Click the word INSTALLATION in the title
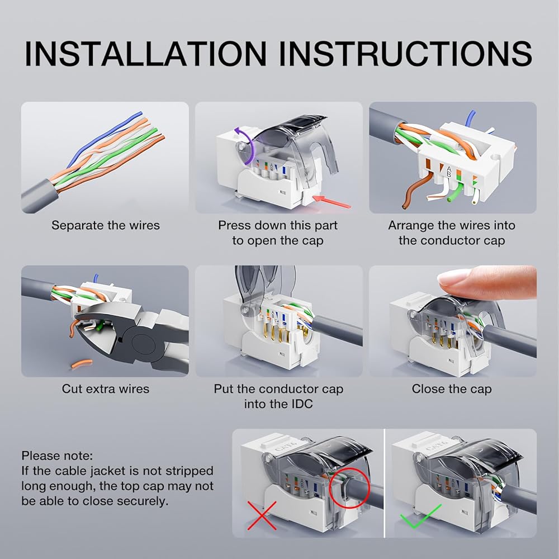(146, 54)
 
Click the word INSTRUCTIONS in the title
(406, 54)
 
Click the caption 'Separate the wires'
(106, 225)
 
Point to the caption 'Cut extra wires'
(106, 389)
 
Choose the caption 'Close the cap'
(452, 389)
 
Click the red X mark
(262, 515)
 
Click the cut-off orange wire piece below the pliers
(82, 364)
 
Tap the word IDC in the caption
(301, 404)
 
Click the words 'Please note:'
(57, 456)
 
